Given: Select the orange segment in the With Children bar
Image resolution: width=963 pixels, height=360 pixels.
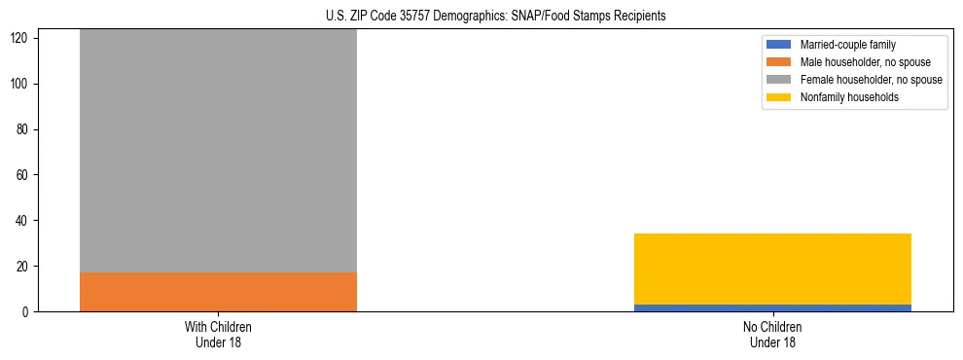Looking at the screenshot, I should [218, 292].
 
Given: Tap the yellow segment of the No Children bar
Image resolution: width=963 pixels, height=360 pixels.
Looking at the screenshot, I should [772, 269].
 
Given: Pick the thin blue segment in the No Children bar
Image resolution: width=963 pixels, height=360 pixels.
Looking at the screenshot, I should [772, 307].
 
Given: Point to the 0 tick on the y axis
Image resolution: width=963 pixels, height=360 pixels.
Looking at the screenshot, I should [28, 312].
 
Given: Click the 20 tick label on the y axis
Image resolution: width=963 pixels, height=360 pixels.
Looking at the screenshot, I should [25, 267].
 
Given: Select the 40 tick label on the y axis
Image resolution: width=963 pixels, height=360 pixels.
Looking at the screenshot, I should [25, 221].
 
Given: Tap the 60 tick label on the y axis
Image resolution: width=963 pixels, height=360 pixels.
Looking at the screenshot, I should [25, 175].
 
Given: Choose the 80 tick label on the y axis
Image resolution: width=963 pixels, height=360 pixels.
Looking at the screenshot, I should [25, 129].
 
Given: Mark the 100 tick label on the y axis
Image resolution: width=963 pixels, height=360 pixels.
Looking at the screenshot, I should [22, 85].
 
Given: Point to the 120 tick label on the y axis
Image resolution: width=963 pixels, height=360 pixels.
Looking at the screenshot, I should [22, 39].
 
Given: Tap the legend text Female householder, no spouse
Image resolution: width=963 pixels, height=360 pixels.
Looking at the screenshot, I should [871, 80].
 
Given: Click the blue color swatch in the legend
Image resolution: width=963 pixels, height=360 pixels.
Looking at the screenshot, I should [780, 45].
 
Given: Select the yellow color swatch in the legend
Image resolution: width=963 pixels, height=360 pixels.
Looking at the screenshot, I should [780, 97].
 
